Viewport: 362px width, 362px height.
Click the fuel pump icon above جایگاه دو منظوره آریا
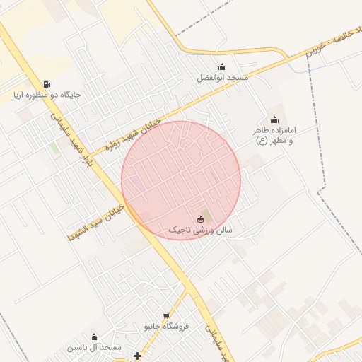click(x=47, y=84)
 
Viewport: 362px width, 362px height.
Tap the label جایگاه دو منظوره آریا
click(x=47, y=94)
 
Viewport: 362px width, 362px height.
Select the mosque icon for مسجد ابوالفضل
click(x=223, y=67)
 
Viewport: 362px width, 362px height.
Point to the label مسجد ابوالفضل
click(x=223, y=77)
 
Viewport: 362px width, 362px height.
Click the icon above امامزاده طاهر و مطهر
click(x=274, y=120)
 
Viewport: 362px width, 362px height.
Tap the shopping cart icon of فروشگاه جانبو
click(x=167, y=316)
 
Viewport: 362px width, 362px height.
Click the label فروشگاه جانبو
click(x=167, y=326)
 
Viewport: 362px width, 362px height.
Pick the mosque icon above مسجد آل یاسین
click(x=95, y=337)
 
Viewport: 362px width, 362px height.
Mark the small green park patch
click(x=54, y=148)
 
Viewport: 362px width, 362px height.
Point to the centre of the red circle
click(x=181, y=181)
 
